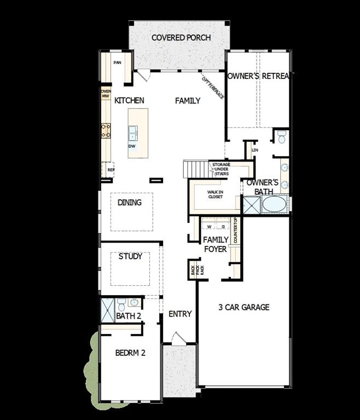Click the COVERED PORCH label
coord(181,38)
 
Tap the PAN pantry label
coord(117,63)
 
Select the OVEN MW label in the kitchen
coord(106,94)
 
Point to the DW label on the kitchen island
coord(132,147)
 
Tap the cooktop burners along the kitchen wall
coord(106,130)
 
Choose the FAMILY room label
coord(187,101)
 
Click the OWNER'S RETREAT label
coord(260,76)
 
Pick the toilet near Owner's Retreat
coord(282,137)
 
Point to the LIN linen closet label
coord(254,149)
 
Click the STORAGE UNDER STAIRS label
coord(221,170)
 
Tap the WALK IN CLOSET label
coord(214,194)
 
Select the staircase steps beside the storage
coord(195,169)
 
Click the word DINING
coord(130,203)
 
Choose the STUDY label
coord(130,256)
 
